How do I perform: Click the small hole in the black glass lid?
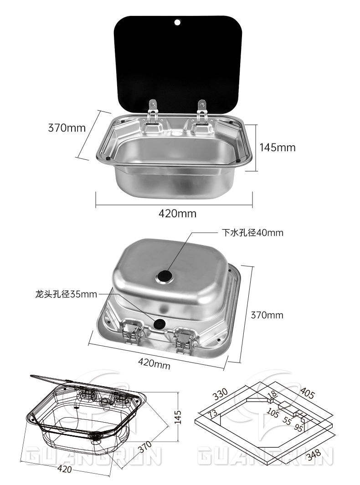(177, 22)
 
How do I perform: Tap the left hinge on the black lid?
(152, 112)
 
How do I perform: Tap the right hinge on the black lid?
(202, 112)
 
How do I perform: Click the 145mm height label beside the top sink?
(278, 148)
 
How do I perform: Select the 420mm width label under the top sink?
(177, 214)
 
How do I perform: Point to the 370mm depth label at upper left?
(67, 128)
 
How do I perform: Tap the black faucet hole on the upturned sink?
(159, 324)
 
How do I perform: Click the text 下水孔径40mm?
(252, 233)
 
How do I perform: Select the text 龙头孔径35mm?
(66, 294)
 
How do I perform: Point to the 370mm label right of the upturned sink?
(267, 315)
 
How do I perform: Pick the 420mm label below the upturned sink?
(154, 363)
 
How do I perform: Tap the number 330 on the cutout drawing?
(221, 394)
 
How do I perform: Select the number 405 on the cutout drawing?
(307, 393)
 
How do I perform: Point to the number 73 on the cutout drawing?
(213, 414)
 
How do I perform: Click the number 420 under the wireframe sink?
(64, 469)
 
